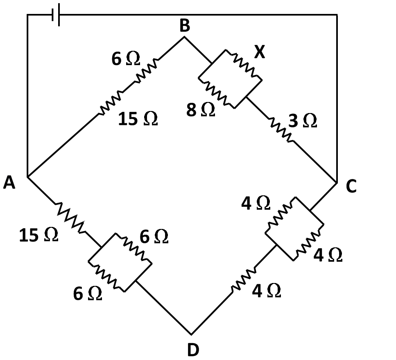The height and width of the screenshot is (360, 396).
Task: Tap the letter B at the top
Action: pyautogui.click(x=185, y=26)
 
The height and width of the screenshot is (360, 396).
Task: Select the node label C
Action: pyautogui.click(x=351, y=187)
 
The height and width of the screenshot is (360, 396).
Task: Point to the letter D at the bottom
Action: pyautogui.click(x=193, y=350)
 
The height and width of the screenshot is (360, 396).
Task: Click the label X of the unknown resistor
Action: pyautogui.click(x=259, y=52)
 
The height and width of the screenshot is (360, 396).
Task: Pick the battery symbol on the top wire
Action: pyautogui.click(x=56, y=16)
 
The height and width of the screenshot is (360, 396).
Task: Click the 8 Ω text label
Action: pyautogui.click(x=201, y=110)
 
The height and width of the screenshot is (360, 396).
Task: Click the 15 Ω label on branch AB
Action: pyautogui.click(x=138, y=119)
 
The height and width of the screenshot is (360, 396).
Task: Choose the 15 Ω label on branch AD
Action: pyautogui.click(x=38, y=235)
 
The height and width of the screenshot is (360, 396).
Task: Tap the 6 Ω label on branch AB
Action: pyautogui.click(x=126, y=59)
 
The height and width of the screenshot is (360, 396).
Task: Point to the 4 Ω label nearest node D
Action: pyautogui.click(x=267, y=291)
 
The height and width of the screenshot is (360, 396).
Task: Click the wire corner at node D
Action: pyautogui.click(x=191, y=334)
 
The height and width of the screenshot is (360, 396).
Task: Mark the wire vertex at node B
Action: pyautogui.click(x=184, y=37)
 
